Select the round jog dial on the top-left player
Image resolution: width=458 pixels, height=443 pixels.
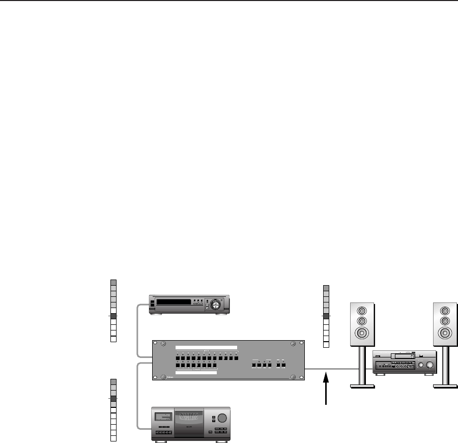(216, 305)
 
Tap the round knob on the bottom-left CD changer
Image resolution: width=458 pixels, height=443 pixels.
(221, 419)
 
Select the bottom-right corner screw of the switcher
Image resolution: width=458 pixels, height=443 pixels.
(293, 376)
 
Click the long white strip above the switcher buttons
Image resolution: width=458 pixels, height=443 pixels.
(207, 347)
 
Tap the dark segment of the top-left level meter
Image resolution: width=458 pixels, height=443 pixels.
(113, 316)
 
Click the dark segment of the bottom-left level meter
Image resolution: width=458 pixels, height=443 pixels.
(113, 399)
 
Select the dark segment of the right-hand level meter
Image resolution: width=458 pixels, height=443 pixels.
(326, 316)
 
